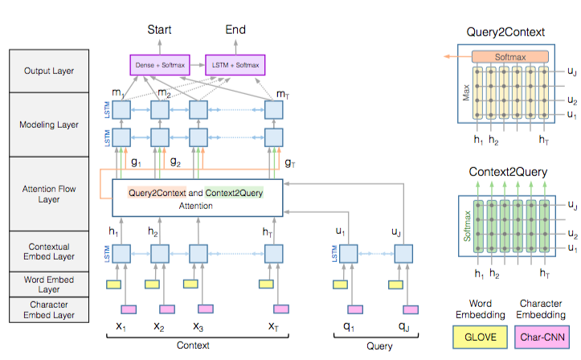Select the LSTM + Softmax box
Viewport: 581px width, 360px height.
click(x=235, y=63)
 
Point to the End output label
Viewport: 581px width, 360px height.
click(x=235, y=30)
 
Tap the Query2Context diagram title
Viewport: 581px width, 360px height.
click(x=505, y=33)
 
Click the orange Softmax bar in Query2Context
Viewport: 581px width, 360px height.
click(x=509, y=57)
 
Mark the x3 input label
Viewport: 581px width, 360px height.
click(x=198, y=327)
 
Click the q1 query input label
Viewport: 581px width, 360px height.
click(x=348, y=327)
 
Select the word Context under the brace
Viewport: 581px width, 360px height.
click(x=193, y=346)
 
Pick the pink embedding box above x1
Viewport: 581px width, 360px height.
click(x=128, y=309)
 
